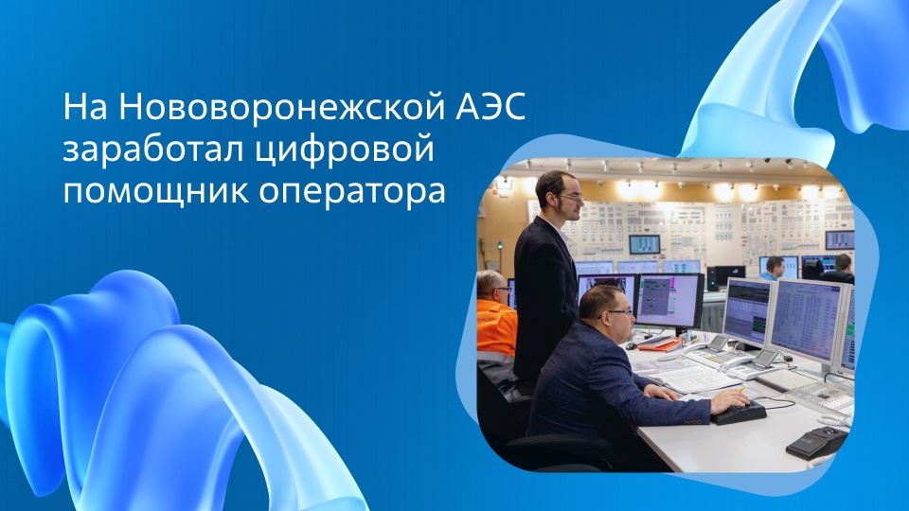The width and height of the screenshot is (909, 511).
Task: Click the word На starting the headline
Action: [87, 107]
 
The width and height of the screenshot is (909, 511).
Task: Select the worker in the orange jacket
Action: [495, 322]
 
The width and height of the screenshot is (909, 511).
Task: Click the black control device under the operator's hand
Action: [739, 413]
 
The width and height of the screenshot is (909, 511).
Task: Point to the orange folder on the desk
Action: [659, 345]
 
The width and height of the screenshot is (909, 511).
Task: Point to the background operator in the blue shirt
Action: [774, 268]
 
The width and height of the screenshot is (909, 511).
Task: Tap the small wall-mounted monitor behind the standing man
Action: [644, 243]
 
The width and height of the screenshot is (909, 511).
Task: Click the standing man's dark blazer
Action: [544, 293]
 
